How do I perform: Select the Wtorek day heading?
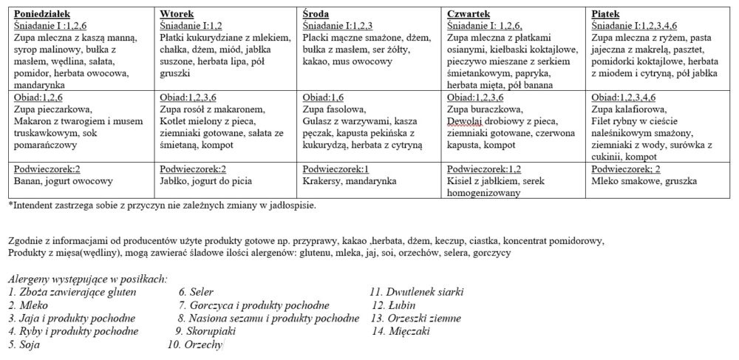(176, 13)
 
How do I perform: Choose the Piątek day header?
(606, 13)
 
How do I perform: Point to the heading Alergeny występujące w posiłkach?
(87, 279)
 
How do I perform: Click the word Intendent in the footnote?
(30, 205)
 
